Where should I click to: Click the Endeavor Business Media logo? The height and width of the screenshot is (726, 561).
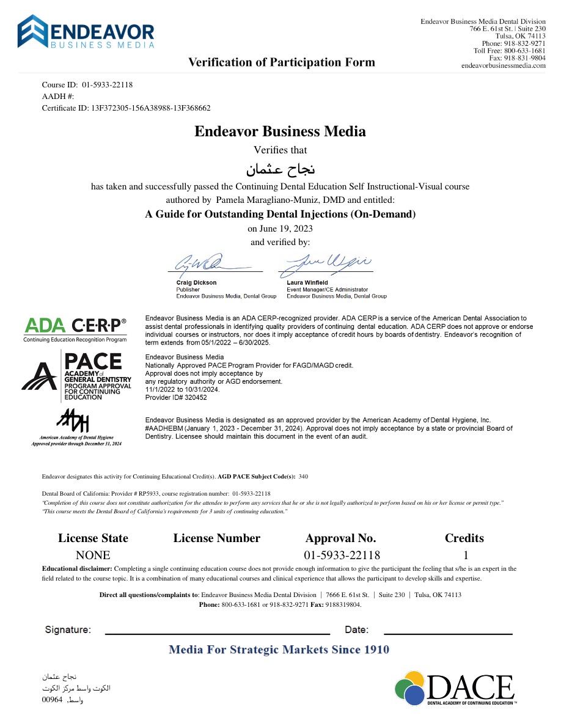(x=86, y=32)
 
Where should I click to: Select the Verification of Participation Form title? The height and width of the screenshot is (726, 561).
(x=281, y=62)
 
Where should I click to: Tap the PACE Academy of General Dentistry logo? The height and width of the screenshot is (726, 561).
(x=76, y=376)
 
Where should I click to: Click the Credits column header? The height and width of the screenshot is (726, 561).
(x=464, y=538)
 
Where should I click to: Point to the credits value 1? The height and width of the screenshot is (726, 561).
(x=466, y=555)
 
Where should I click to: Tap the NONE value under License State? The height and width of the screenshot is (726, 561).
(x=93, y=555)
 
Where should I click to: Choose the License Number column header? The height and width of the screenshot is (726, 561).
(x=216, y=538)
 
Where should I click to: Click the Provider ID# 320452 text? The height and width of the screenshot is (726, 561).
(x=176, y=397)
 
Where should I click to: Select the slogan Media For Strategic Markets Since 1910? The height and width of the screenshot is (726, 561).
(x=279, y=650)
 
